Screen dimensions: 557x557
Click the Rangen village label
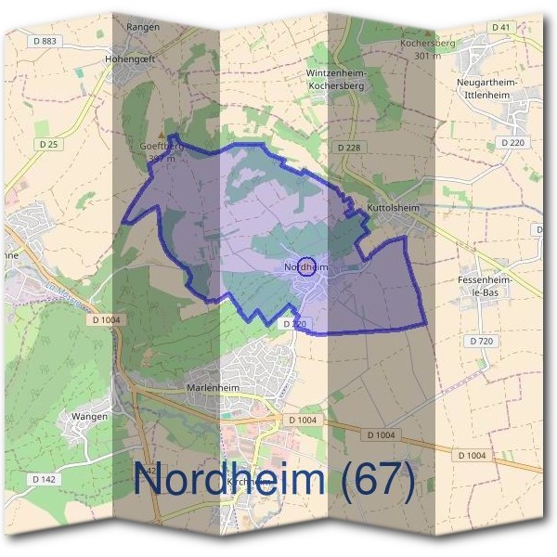tap(143, 27)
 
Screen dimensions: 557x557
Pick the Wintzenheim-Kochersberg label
tap(338, 79)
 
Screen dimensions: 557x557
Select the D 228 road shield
tap(349, 148)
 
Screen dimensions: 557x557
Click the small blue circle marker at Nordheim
tap(306, 266)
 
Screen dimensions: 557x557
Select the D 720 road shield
tap(481, 342)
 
